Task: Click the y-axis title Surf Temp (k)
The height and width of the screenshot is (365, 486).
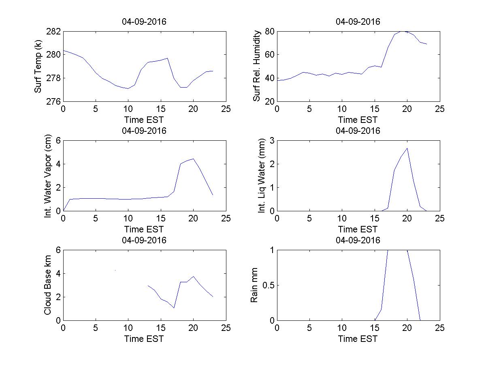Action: click(38, 66)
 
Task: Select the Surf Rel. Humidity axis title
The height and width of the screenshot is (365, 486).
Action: click(256, 66)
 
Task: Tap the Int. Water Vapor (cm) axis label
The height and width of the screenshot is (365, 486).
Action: click(48, 176)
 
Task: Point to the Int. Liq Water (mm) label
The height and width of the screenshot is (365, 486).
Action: click(262, 176)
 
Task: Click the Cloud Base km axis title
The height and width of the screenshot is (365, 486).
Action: click(48, 285)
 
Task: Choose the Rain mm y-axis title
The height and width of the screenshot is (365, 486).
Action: click(254, 285)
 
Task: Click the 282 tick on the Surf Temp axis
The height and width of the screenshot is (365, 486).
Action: click(54, 32)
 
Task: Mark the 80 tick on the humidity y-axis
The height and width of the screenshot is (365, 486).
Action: click(269, 32)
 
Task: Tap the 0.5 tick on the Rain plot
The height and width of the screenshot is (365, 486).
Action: click(266, 285)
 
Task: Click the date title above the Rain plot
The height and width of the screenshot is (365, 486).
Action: click(358, 240)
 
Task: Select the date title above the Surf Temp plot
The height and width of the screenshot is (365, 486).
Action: click(144, 22)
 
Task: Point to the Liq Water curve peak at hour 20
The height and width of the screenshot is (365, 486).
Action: click(407, 148)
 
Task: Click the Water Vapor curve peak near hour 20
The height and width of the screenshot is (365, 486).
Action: click(193, 159)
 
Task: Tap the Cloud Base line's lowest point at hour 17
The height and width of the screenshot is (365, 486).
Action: click(174, 308)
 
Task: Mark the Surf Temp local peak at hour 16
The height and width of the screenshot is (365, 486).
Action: click(167, 58)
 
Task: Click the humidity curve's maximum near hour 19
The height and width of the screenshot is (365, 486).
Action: click(401, 31)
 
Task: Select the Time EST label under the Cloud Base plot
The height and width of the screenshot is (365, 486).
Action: click(144, 339)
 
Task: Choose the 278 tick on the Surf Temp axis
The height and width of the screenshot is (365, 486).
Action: click(54, 78)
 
